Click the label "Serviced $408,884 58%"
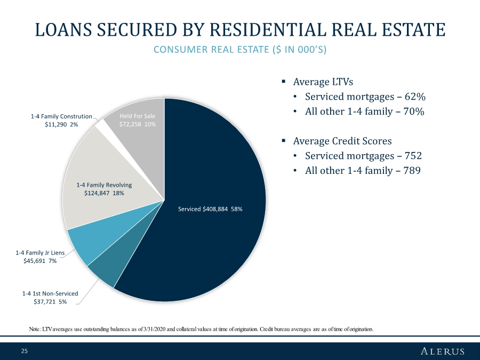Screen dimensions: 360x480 210,209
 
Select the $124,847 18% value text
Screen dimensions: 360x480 104,194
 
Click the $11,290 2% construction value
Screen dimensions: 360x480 61,124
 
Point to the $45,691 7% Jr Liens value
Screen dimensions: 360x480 40,261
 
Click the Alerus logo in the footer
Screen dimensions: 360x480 443,351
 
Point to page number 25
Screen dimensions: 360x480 24,351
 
